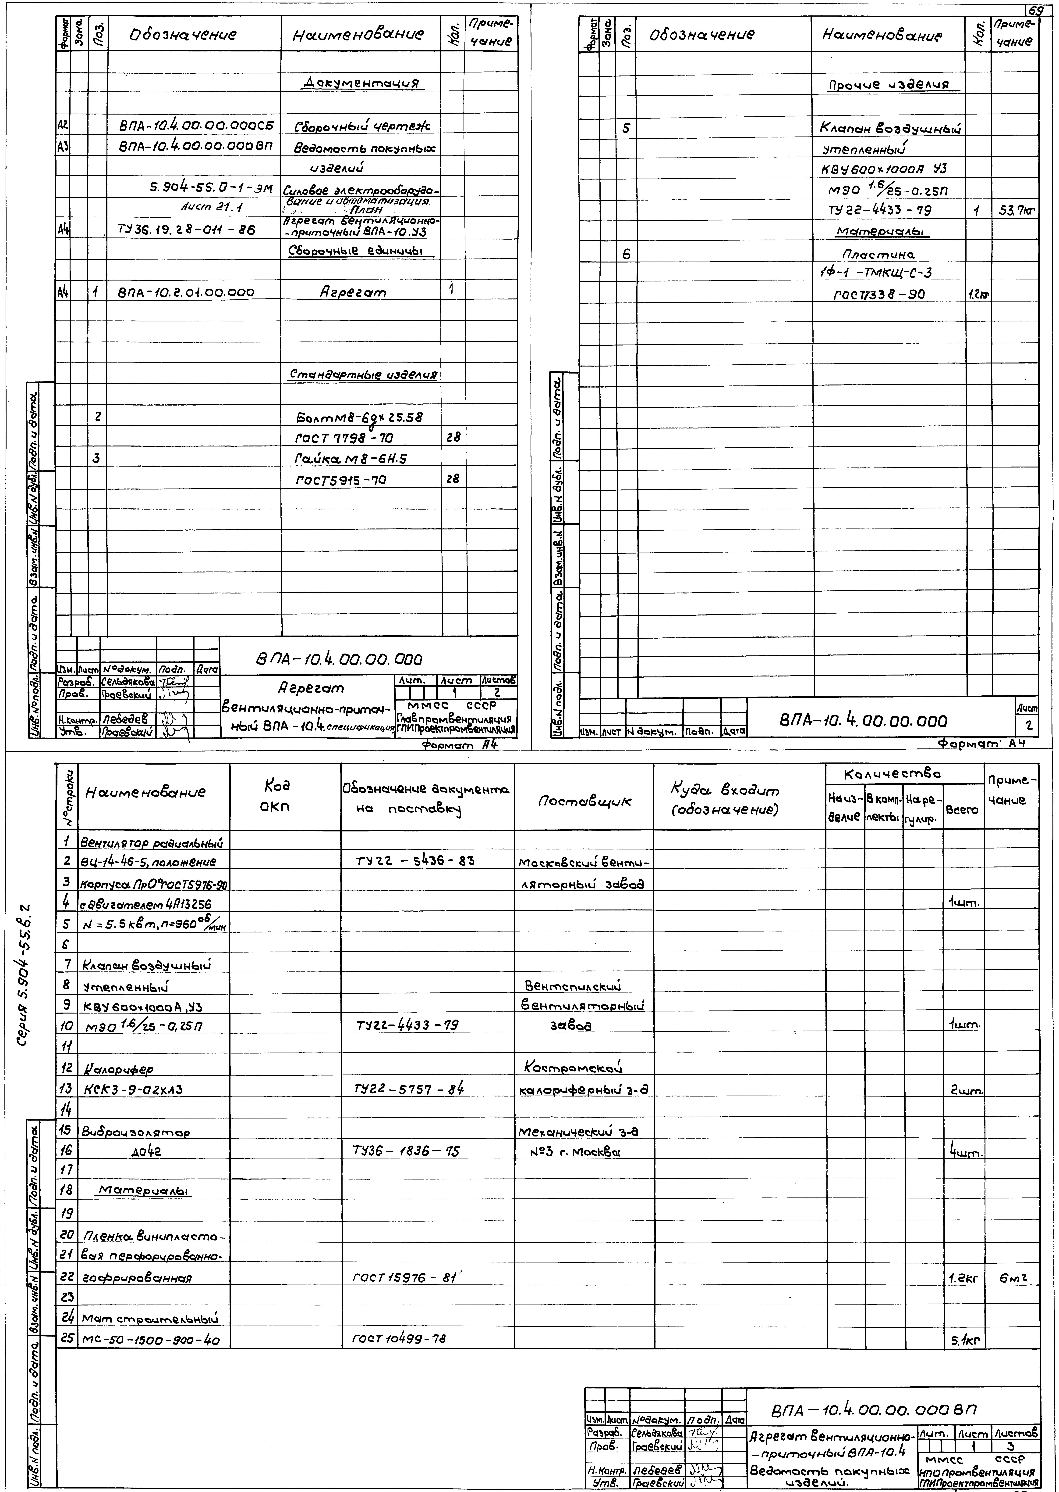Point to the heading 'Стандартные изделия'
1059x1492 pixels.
point(362,375)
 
